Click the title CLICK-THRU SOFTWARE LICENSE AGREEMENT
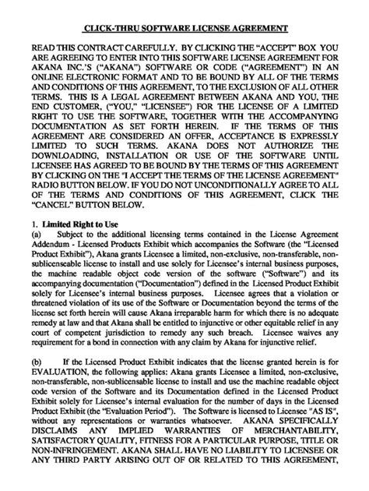coord(184,29)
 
